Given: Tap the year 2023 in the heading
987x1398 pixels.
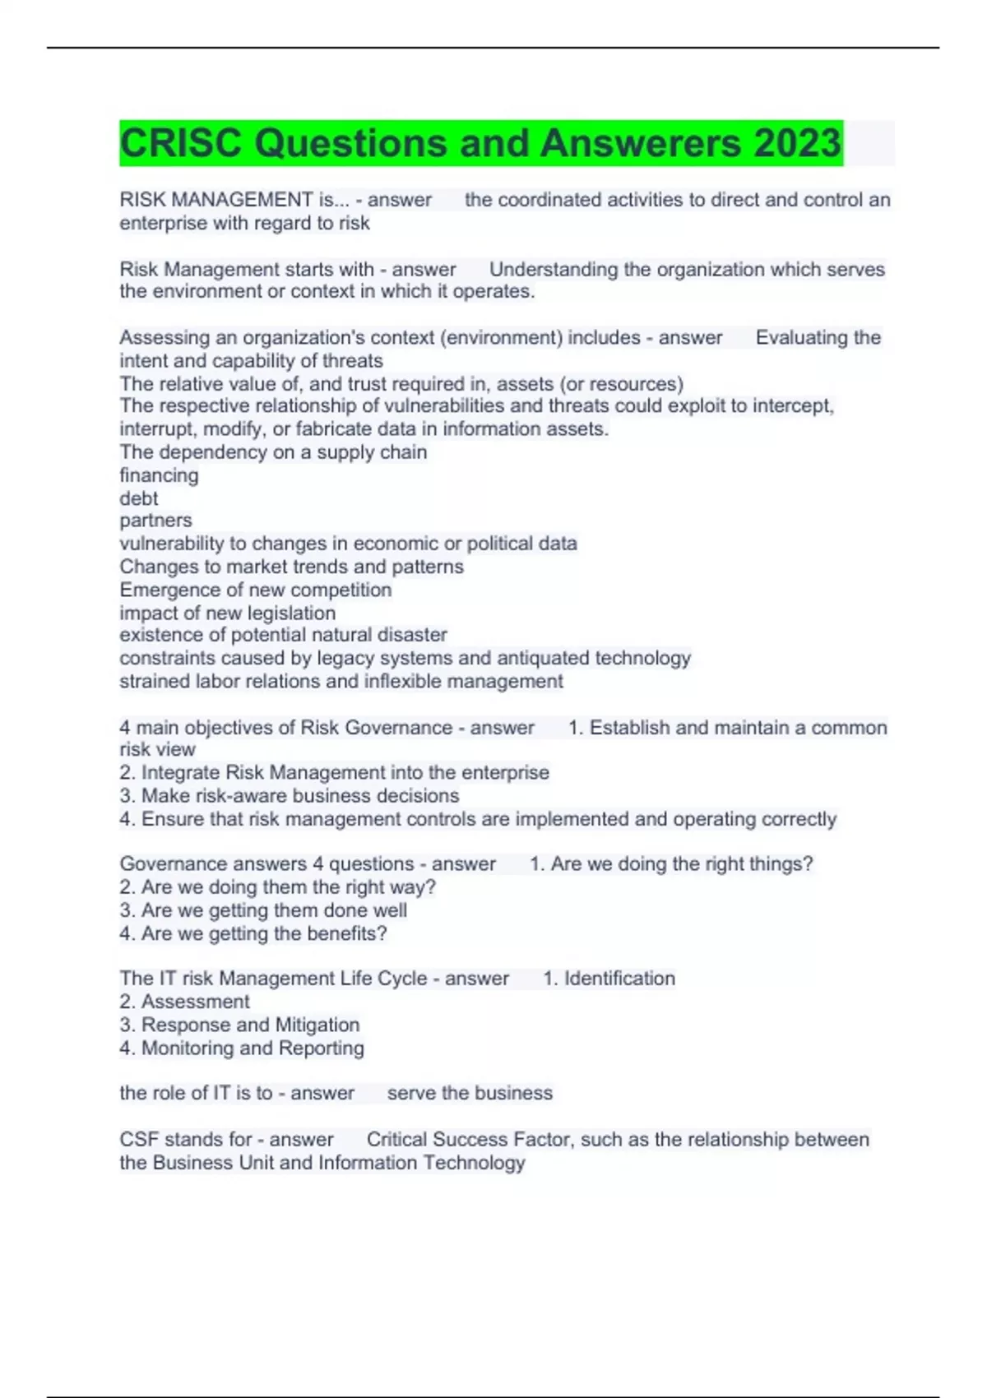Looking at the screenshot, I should (x=797, y=143).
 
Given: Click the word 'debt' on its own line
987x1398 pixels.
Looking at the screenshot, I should (x=139, y=498).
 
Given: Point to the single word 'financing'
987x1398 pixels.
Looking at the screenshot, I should (x=159, y=475).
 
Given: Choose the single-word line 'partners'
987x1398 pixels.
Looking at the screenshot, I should (x=155, y=521).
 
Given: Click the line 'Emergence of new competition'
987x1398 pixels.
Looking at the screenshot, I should (x=255, y=590).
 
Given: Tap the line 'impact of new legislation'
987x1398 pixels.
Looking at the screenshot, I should (x=227, y=613).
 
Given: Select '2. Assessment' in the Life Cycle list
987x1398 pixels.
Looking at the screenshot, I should (x=184, y=1002).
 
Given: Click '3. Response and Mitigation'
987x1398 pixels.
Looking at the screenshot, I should (x=239, y=1025).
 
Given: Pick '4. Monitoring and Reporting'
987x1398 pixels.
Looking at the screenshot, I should (x=242, y=1048).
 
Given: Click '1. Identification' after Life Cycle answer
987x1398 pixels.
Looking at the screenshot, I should (x=609, y=979).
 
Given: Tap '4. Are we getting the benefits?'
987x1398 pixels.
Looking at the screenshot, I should (x=253, y=933).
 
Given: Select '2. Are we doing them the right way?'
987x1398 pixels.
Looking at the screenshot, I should (x=278, y=887).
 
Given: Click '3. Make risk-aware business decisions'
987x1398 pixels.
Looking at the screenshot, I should (x=290, y=795).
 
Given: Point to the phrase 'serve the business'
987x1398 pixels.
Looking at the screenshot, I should (x=470, y=1093).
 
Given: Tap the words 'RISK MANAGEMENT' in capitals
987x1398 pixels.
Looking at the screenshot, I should (x=215, y=200).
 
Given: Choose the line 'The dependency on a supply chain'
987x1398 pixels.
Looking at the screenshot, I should (x=273, y=452).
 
